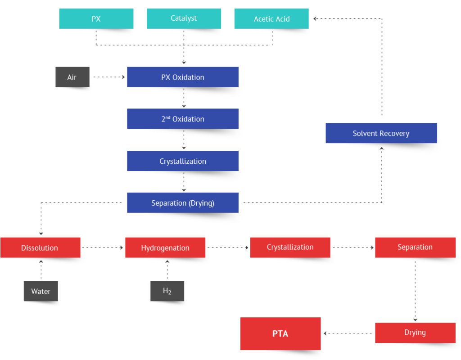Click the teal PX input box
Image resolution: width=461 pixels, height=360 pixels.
point(96,19)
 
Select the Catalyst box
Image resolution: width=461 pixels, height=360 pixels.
point(184,18)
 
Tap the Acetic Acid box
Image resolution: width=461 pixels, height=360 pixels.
point(271,19)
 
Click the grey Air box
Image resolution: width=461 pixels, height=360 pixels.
point(72,77)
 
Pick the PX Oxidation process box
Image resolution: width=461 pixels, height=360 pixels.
point(182,77)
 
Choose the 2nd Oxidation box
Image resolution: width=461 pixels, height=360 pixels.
point(182,119)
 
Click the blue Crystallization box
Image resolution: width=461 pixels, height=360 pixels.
point(182,161)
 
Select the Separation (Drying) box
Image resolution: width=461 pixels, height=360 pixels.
point(182,203)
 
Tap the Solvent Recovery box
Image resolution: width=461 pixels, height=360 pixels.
point(381,133)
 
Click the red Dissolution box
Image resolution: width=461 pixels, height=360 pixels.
point(40,247)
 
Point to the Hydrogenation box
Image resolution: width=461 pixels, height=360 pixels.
point(165,247)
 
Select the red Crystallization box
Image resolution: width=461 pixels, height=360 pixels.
point(290,247)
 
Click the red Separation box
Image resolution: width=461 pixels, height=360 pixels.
point(415,247)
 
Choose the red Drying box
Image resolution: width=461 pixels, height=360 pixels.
point(415,333)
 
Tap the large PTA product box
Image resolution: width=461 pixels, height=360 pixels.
point(280,333)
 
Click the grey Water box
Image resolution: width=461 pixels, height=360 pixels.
point(41,291)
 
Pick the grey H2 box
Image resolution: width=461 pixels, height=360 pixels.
point(167,291)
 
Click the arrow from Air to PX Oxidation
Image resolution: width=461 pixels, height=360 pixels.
point(108,77)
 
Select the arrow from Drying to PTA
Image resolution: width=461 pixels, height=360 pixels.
point(348,333)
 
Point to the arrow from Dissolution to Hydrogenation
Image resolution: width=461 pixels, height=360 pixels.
point(102,247)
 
